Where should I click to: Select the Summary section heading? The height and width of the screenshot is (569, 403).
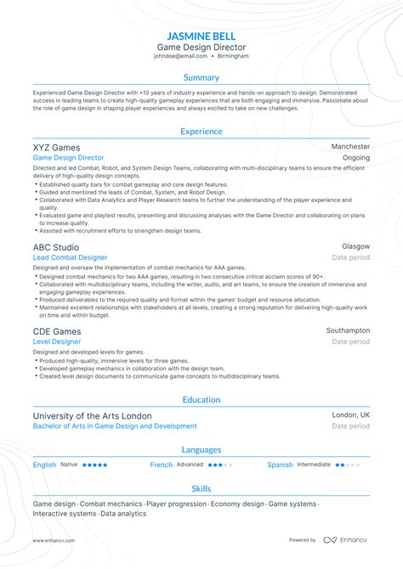pyautogui.click(x=201, y=78)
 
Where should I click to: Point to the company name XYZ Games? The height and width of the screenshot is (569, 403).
pyautogui.click(x=56, y=147)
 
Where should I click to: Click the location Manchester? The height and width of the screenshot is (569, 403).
pyautogui.click(x=350, y=147)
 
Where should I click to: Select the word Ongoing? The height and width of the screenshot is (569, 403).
pyautogui.click(x=355, y=158)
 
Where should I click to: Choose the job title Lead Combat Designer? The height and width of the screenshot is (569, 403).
pyautogui.click(x=70, y=257)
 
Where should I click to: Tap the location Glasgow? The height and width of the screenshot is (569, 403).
pyautogui.click(x=355, y=246)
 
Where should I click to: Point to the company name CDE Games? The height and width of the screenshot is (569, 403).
pyautogui.click(x=57, y=330)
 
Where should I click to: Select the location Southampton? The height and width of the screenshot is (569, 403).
pyautogui.click(x=348, y=330)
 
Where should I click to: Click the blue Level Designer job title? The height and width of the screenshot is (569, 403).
pyautogui.click(x=56, y=341)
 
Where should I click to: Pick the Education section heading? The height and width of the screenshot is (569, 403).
pyautogui.click(x=201, y=400)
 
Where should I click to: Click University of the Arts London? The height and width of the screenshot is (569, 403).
pyautogui.click(x=93, y=415)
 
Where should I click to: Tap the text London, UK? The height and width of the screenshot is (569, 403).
pyautogui.click(x=351, y=415)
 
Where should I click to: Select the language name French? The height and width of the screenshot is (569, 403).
pyautogui.click(x=162, y=465)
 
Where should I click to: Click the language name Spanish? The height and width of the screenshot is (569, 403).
pyautogui.click(x=280, y=465)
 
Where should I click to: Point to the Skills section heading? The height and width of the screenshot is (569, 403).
pyautogui.click(x=201, y=489)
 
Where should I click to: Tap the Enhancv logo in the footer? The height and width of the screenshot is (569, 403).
pyautogui.click(x=345, y=540)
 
